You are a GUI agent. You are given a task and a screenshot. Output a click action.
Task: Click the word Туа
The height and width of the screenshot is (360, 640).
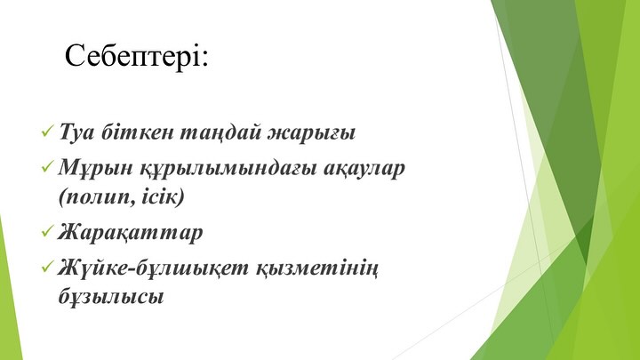coord(76,132)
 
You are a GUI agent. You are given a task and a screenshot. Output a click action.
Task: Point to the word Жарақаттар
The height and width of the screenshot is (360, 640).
coord(130,233)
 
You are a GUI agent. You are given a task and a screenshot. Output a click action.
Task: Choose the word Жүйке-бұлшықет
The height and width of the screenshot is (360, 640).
coord(154,268)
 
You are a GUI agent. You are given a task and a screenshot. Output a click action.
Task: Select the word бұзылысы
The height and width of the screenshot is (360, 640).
coord(111,296)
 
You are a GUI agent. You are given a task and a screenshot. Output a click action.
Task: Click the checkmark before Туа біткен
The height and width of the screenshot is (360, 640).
coord(47,132)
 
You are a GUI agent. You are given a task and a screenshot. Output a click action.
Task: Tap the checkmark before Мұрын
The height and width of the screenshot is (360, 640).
coord(47,166)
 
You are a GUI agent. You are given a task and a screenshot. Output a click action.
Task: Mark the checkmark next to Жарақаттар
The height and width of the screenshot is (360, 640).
coord(47,231)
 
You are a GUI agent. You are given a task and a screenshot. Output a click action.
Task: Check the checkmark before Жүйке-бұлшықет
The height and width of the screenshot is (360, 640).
coord(47,267)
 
